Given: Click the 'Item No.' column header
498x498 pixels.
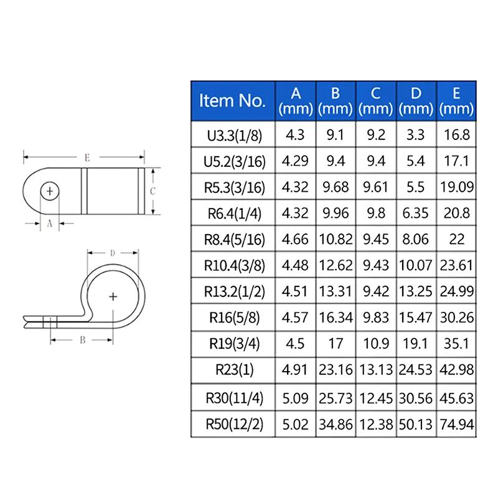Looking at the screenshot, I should [x=233, y=100].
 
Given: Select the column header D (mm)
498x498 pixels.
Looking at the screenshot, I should [x=416, y=100].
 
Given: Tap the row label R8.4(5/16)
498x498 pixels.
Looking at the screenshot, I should [x=233, y=239].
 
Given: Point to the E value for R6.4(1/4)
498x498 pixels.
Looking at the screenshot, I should [x=457, y=214].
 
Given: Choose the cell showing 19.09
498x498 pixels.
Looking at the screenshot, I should [x=457, y=187].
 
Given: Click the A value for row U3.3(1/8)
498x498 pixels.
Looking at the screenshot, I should [x=296, y=135].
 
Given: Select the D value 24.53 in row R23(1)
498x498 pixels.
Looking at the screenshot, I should [x=416, y=370].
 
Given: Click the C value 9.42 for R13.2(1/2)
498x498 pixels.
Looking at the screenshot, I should [x=376, y=291].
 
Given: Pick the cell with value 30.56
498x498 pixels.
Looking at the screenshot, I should [x=416, y=398].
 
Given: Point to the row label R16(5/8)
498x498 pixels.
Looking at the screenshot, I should [x=233, y=317].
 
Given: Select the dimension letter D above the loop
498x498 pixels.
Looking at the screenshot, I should [x=112, y=253].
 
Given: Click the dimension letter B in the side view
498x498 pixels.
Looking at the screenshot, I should [x=82, y=340].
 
